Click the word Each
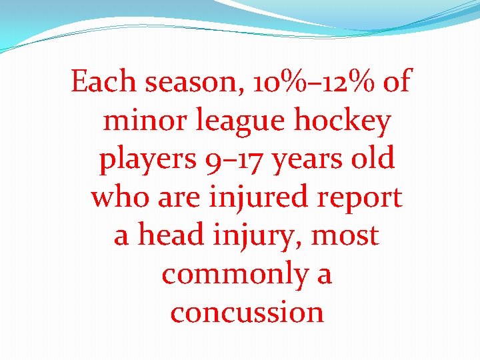click(x=103, y=83)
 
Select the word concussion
click(x=247, y=313)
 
